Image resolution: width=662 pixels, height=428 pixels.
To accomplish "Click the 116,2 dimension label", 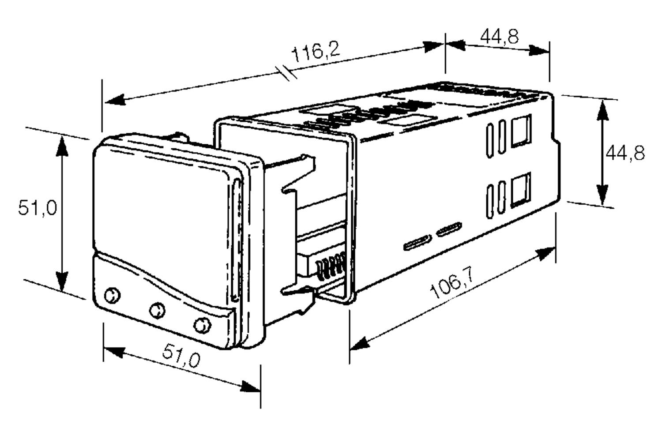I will [x=316, y=52].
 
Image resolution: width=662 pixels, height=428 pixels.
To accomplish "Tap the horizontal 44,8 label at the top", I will [x=499, y=36].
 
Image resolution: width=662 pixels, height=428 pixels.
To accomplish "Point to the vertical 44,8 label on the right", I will [x=625, y=153].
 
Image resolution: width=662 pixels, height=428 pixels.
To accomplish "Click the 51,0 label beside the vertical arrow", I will [x=38, y=207].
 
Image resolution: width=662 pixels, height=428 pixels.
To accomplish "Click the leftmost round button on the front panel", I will [x=112, y=295].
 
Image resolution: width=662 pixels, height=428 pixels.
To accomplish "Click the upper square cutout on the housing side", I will [x=521, y=131].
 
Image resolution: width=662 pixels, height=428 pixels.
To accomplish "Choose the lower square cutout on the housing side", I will [x=521, y=190].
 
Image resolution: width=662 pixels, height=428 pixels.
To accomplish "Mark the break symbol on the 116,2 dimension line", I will [x=286, y=73].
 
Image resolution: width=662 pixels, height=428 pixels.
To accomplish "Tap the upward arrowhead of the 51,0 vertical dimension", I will [x=62, y=146].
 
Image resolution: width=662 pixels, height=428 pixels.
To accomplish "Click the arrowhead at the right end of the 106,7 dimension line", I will [x=545, y=254].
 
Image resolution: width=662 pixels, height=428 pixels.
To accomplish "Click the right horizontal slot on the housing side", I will [x=449, y=230].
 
